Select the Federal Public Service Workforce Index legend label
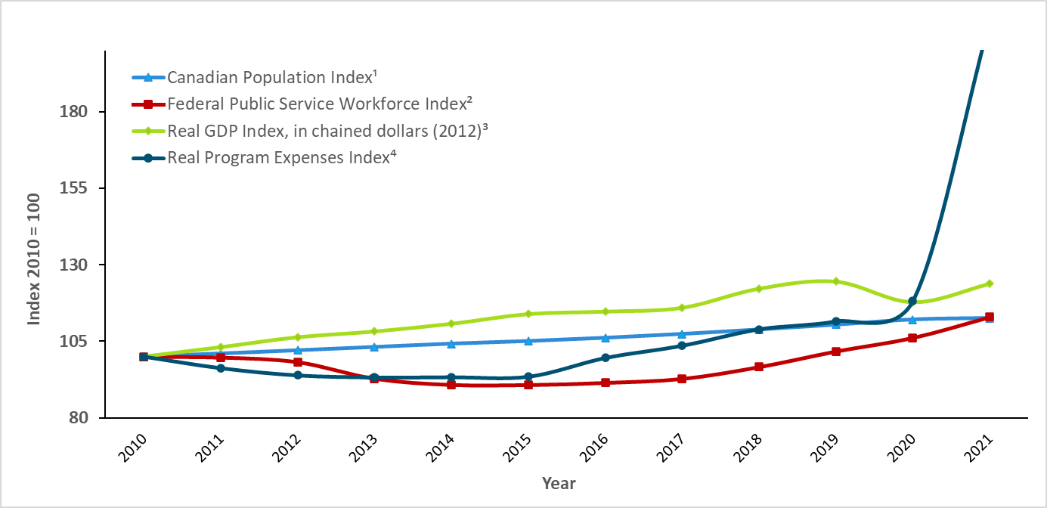(x=309, y=104)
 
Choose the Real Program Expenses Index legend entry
(x=283, y=157)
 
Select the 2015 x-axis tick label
(x=519, y=451)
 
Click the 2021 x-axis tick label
(x=980, y=451)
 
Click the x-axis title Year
(x=559, y=483)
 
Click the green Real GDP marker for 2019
(x=836, y=281)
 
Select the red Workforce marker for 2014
(x=451, y=385)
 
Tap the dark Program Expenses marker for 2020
(x=912, y=301)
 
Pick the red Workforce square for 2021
(x=990, y=317)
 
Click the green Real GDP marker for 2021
(x=990, y=283)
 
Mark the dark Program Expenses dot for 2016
(x=606, y=358)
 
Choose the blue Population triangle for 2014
(x=451, y=343)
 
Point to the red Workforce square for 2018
(x=759, y=367)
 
